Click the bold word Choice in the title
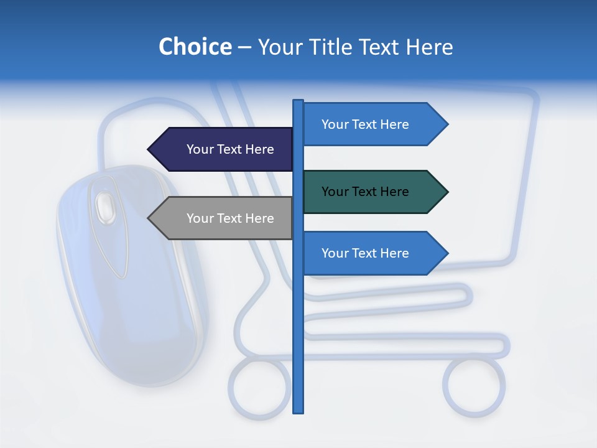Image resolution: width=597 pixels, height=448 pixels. pos(195,47)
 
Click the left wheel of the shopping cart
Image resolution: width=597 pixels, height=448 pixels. pos(259,386)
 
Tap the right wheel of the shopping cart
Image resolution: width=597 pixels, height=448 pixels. pos(474,386)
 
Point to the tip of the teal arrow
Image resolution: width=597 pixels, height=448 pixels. pos(447,192)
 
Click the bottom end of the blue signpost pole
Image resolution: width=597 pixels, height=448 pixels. pos(298,411)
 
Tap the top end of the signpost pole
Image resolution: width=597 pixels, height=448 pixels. pos(298,101)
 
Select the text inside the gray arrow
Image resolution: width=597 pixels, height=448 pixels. pos(230,218)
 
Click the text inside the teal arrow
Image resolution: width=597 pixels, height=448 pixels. pos(365,192)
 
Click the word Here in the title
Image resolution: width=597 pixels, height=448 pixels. pos(430,47)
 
